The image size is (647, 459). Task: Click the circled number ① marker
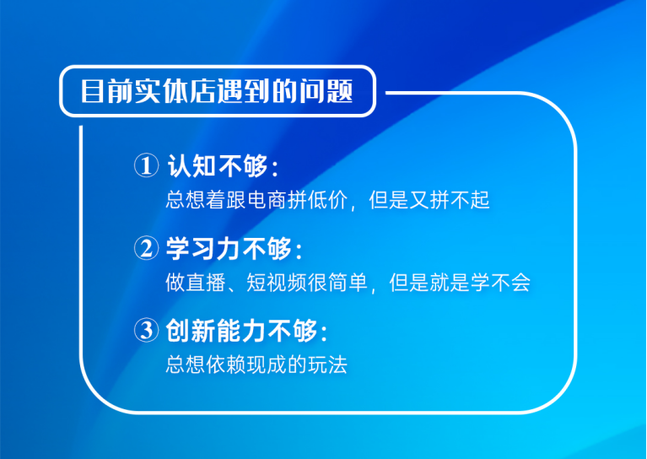(x=146, y=166)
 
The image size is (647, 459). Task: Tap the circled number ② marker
(x=146, y=249)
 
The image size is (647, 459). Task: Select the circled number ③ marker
(x=146, y=331)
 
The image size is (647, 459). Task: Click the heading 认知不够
(x=218, y=166)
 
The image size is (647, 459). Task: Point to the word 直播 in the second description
(x=205, y=283)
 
